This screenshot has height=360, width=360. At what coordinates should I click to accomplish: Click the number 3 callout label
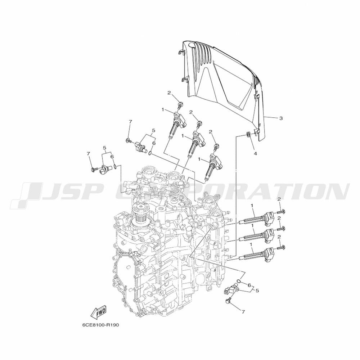(280, 118)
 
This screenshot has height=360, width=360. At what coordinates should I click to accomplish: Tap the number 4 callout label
(255, 153)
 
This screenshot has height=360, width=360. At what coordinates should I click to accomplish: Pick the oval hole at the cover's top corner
(192, 45)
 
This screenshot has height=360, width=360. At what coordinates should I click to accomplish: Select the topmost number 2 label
(169, 93)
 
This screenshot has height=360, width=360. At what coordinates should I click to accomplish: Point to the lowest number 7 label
(243, 311)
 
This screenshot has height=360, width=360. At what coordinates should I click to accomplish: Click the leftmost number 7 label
(89, 153)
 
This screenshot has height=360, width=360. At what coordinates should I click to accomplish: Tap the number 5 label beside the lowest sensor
(257, 291)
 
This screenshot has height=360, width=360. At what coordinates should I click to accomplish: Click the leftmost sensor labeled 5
(105, 170)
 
